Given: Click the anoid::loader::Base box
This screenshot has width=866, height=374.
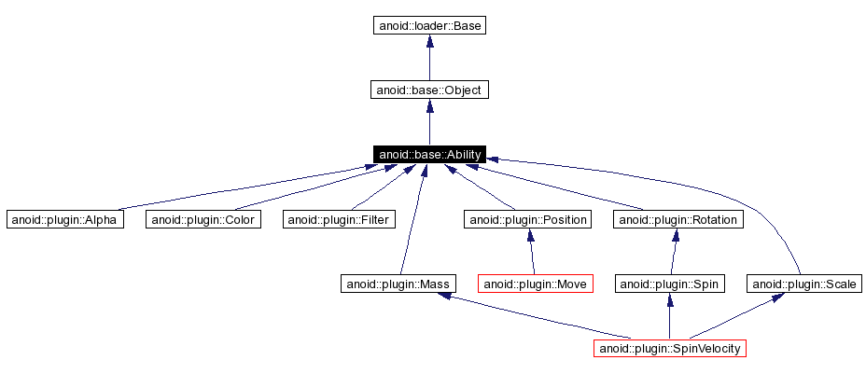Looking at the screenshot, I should (429, 26).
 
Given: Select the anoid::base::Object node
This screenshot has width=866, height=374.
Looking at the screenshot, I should (429, 90).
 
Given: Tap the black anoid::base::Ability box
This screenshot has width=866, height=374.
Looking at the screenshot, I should (429, 154).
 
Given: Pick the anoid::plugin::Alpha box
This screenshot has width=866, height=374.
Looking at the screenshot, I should (64, 219).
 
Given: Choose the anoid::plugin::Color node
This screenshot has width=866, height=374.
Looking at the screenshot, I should (202, 219).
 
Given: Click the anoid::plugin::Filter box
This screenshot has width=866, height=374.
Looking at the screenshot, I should (340, 219).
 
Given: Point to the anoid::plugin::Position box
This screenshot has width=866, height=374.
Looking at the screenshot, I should (528, 219).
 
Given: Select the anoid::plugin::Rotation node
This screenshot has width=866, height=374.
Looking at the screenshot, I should (678, 219).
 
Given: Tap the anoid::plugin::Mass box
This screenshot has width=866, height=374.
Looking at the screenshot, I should (397, 284).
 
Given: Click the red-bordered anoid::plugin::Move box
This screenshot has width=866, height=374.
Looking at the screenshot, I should (536, 284).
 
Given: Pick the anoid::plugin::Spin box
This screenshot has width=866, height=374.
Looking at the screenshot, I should (669, 284).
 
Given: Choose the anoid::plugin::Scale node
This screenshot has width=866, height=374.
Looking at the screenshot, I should (803, 284).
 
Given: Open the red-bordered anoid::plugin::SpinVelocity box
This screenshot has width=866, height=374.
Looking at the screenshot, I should (670, 348).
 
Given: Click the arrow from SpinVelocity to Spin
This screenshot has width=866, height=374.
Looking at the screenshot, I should (669, 316).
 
